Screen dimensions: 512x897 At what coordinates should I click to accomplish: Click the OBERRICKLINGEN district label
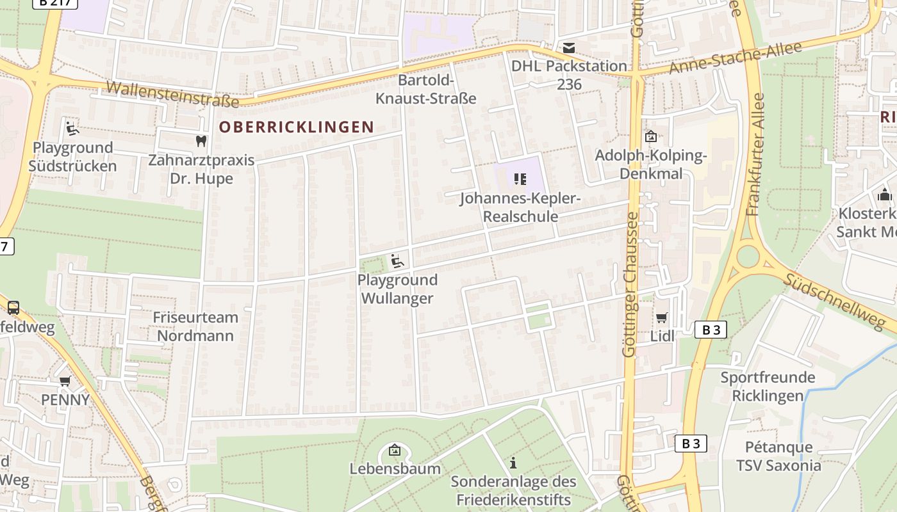[x=297, y=127]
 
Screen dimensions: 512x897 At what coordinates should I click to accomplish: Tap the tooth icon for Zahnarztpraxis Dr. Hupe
[x=201, y=141]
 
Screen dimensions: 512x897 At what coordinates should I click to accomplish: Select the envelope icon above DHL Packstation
[x=569, y=48]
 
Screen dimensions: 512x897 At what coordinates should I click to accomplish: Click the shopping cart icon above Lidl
[x=662, y=317]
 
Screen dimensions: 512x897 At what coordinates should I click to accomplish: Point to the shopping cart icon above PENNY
[x=65, y=381]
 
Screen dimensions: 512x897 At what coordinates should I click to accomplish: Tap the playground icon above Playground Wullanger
[x=397, y=260]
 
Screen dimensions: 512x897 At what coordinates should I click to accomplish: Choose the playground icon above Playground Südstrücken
[x=72, y=129]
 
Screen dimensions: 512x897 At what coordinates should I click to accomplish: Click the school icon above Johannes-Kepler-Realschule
[x=520, y=179]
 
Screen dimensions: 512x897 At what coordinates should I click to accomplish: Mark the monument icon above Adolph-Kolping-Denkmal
[x=650, y=136]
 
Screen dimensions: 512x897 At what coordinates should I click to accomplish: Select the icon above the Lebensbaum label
[x=395, y=450]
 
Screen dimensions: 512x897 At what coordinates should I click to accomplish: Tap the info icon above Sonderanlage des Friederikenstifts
[x=513, y=463]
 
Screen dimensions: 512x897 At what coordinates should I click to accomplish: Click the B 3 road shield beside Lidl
[x=711, y=330]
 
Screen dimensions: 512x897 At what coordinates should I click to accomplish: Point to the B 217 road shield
[x=54, y=3]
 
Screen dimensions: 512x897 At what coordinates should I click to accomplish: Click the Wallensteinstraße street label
[x=173, y=93]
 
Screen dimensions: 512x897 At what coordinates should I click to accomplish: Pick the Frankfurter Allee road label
[x=757, y=154]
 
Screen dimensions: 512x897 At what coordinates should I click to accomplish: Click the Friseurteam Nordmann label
[x=195, y=326]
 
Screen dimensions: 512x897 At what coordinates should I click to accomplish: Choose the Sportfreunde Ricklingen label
[x=768, y=386]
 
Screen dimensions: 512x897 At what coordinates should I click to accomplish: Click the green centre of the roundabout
[x=748, y=256]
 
